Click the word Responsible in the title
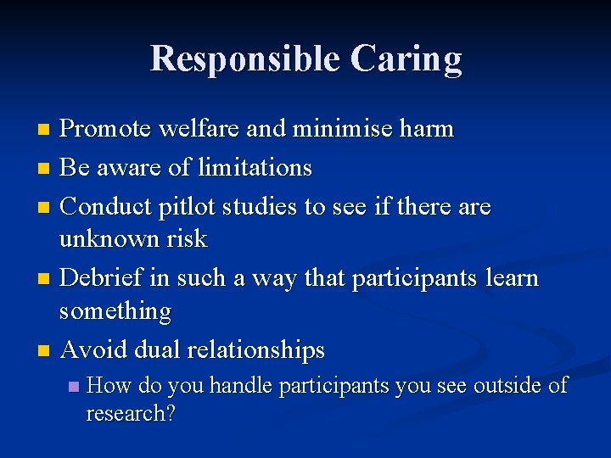click(243, 59)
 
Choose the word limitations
click(255, 168)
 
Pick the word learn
click(507, 278)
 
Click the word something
click(115, 311)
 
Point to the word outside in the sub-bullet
click(507, 386)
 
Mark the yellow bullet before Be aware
click(46, 169)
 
